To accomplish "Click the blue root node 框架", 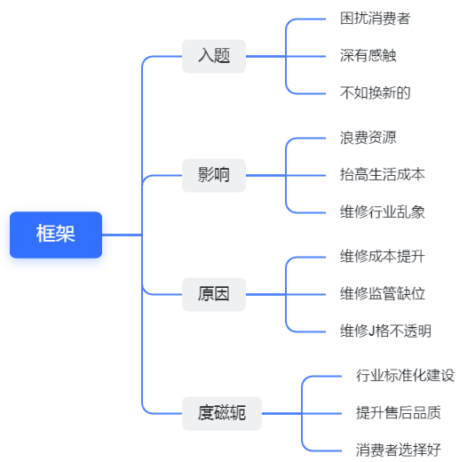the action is (56, 235).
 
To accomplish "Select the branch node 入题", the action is (214, 56).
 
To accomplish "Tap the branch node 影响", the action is (214, 175).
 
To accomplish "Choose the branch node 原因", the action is (214, 294).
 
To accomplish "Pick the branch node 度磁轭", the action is (222, 413).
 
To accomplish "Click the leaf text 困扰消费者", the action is (376, 19).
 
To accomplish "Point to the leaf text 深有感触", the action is (368, 56).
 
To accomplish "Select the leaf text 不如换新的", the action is (376, 93).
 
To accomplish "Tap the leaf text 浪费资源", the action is (368, 138).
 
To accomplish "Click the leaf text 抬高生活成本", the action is (383, 175).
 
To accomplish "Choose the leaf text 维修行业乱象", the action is (383, 212).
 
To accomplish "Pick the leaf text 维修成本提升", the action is (383, 257).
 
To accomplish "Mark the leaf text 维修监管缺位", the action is (383, 294).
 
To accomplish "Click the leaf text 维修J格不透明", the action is (385, 331).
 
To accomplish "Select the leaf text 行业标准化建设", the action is (406, 376).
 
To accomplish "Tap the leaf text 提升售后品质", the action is (399, 413).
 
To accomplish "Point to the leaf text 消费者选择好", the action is (399, 450).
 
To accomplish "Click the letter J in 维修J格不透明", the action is (371, 331).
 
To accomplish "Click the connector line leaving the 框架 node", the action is (122, 235).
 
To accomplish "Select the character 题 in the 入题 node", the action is (222, 56).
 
